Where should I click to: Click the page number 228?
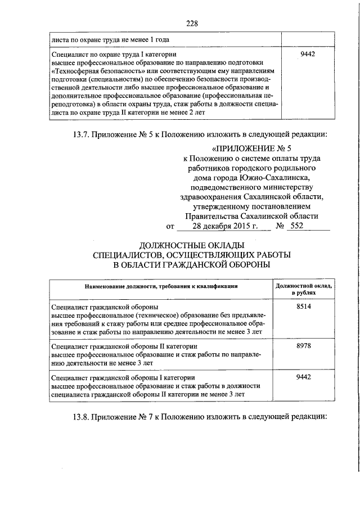192,23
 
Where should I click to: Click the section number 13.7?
81,134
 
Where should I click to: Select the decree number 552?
296,227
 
